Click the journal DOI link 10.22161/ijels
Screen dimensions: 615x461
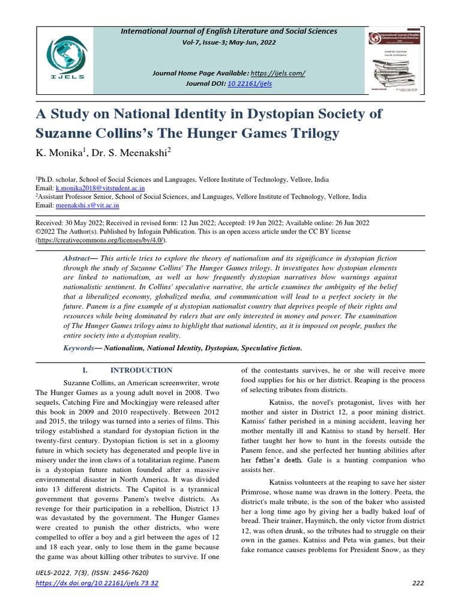(x=250, y=83)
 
